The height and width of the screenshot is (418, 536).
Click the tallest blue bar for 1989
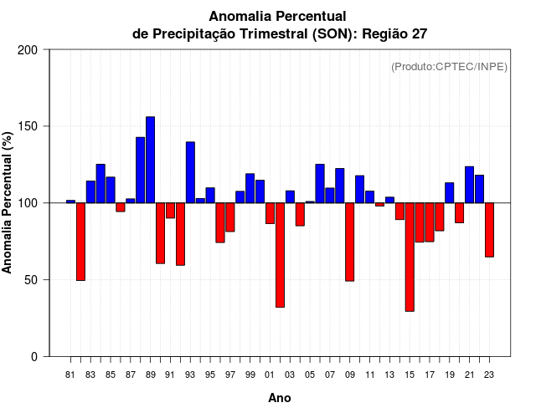tap(150, 160)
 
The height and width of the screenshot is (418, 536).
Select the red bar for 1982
tap(80, 242)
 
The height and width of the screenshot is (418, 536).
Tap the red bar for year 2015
tap(410, 257)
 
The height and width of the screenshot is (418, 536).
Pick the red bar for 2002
tap(280, 255)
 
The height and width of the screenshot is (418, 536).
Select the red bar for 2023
tap(489, 230)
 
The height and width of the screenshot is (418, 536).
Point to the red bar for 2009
tap(349, 242)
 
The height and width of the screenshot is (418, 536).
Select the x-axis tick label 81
tap(70, 375)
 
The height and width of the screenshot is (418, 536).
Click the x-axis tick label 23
tap(489, 375)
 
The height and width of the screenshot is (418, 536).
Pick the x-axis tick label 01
tap(270, 375)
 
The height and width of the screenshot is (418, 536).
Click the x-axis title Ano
tap(280, 398)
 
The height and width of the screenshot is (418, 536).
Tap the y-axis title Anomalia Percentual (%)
tap(8, 202)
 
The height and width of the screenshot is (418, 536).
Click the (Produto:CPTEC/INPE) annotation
tap(449, 67)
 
